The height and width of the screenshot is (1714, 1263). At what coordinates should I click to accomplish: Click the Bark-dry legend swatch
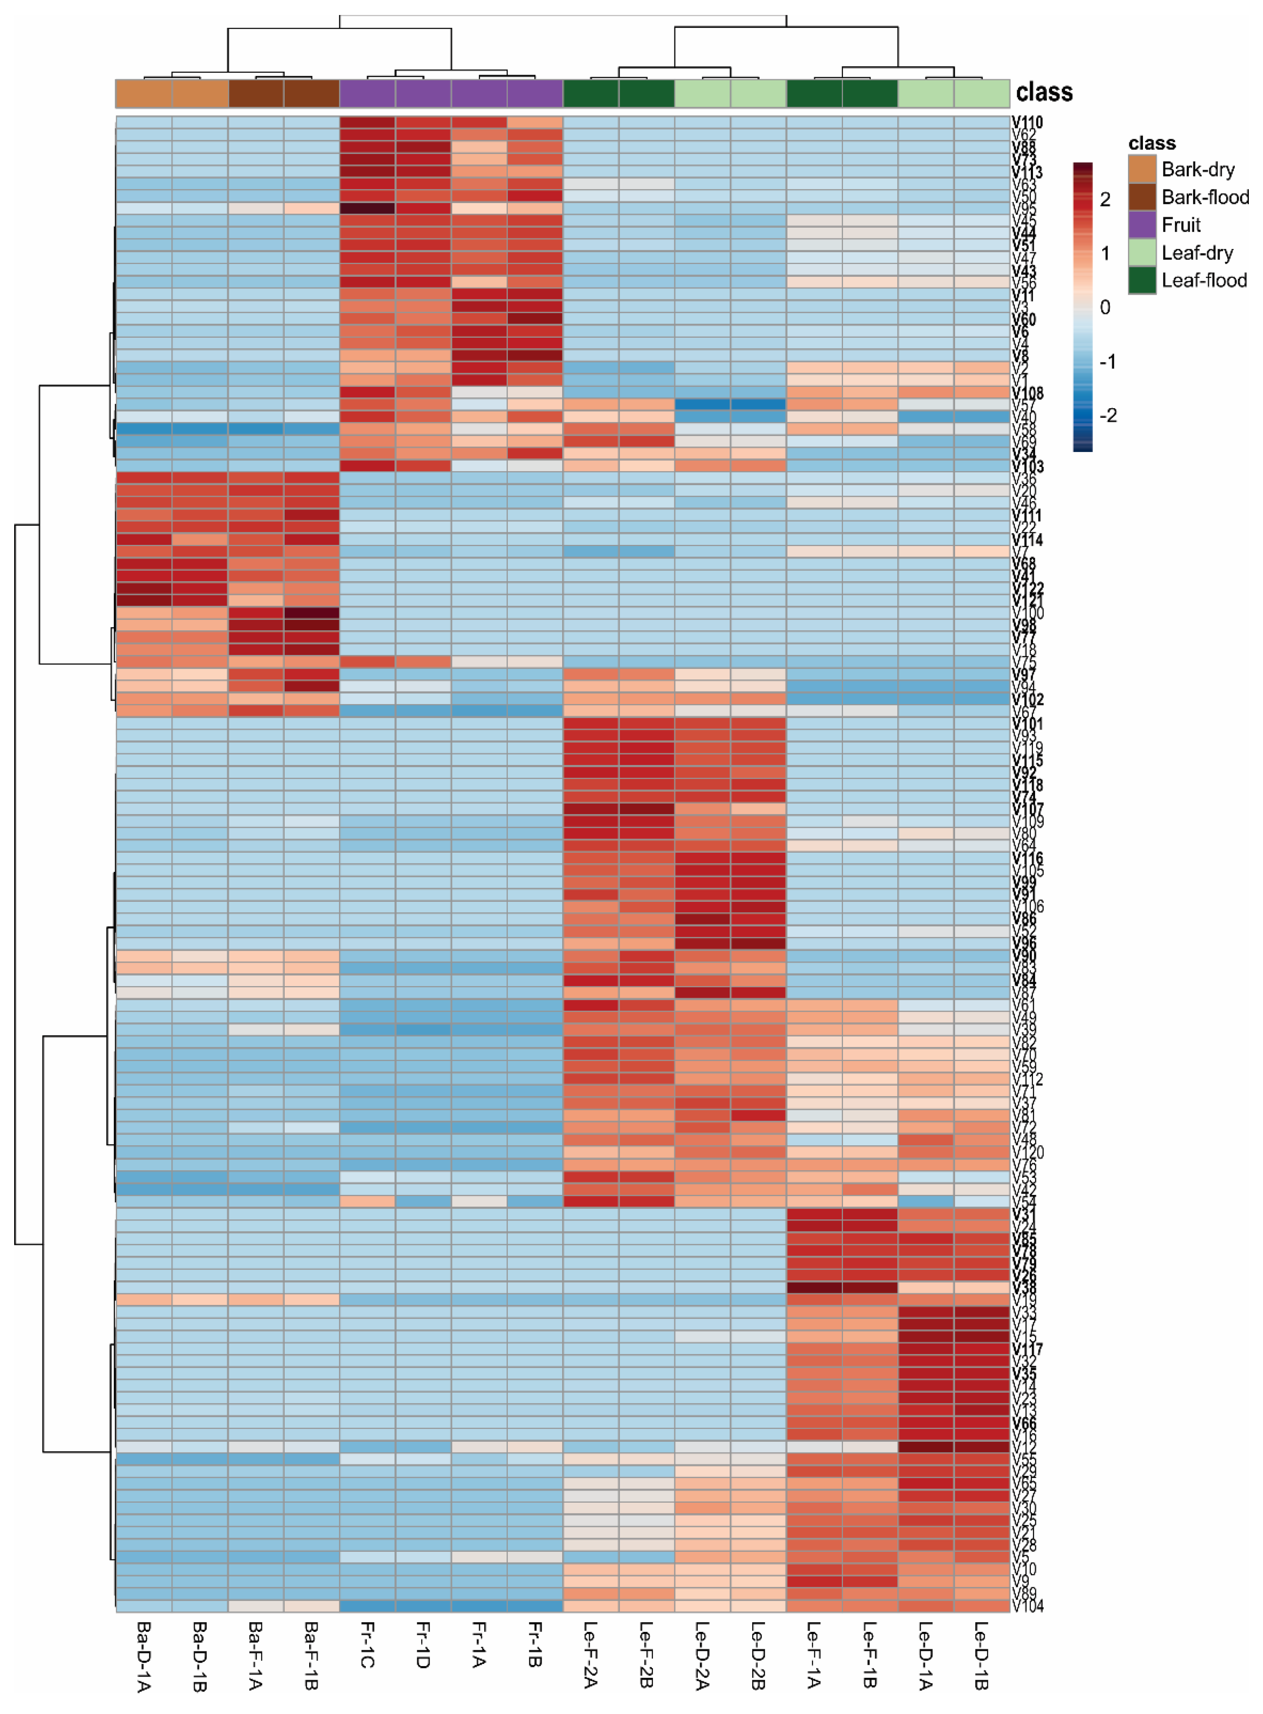point(1141,169)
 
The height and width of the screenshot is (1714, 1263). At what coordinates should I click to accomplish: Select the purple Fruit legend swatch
point(1141,225)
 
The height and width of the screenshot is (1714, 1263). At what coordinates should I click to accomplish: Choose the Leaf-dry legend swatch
point(1141,252)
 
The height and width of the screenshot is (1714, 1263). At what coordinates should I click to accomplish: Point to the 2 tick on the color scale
point(1105,200)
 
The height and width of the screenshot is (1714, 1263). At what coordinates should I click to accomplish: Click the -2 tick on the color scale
point(1108,415)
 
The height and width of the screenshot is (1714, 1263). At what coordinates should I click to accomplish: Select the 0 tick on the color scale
point(1105,307)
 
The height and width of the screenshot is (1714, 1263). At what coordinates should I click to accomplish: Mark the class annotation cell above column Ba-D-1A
point(144,93)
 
